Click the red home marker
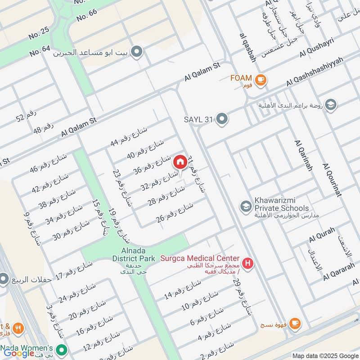(x=180, y=162)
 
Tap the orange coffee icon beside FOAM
(x=260, y=80)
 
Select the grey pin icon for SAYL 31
(x=221, y=119)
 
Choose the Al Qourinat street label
(x=332, y=180)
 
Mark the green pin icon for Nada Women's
(x=62, y=349)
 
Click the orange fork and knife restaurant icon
(x=18, y=328)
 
